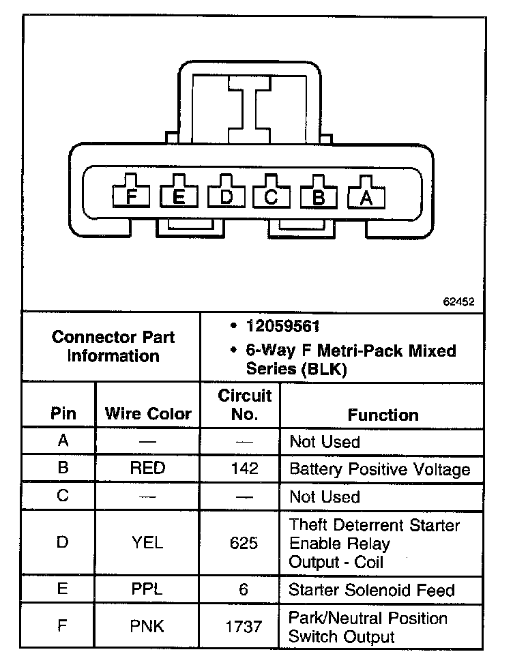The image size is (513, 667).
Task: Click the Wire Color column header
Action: coord(148,413)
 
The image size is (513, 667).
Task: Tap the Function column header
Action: coord(383,415)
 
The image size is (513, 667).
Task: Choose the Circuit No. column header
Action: coord(244,404)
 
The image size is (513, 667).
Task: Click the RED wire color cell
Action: coord(148,469)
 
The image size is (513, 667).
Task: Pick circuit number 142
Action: coord(244,469)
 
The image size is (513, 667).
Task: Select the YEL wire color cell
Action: coord(148,544)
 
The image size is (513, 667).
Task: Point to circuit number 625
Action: coord(244,544)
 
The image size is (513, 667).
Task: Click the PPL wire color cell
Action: coord(148,589)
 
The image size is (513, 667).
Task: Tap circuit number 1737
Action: coord(244,626)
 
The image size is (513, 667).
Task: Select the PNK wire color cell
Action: coord(148,626)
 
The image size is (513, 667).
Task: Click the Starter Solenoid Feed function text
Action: coord(372,589)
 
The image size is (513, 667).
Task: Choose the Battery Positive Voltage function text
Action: coord(380,469)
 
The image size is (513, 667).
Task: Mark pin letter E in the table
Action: coord(63,589)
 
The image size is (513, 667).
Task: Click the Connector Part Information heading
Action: coord(113,346)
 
